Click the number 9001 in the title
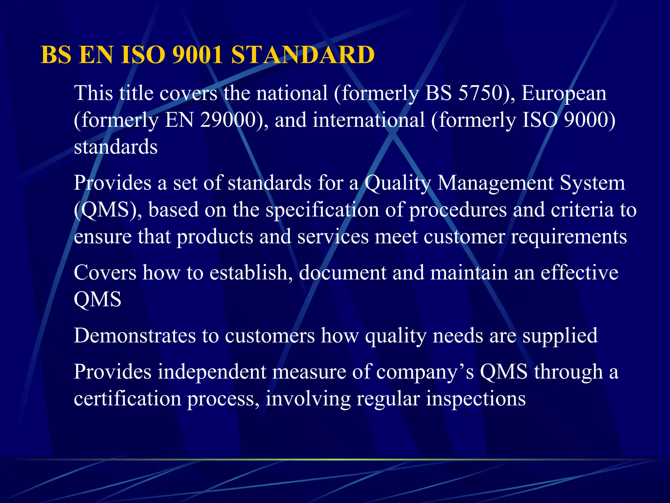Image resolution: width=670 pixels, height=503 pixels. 197,55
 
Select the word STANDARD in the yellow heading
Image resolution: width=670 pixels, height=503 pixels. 303,55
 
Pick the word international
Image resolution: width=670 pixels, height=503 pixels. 369,120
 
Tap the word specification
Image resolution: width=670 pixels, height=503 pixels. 322,210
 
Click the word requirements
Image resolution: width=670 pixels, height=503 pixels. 569,237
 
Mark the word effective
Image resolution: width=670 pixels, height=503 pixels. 579,272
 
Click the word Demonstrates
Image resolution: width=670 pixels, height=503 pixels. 134,336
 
